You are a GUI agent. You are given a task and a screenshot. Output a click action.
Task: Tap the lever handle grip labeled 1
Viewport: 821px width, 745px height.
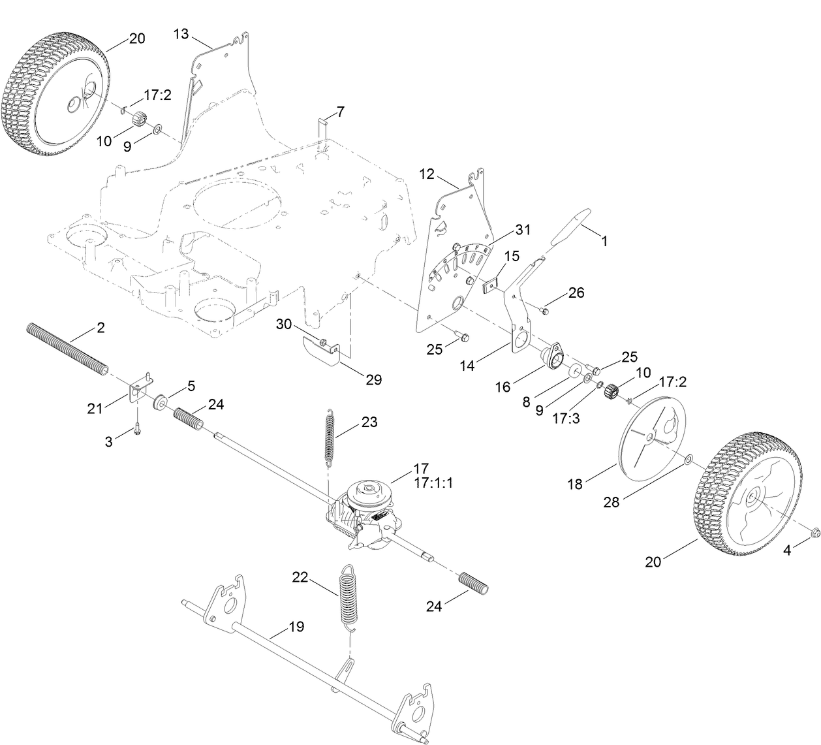[570, 227]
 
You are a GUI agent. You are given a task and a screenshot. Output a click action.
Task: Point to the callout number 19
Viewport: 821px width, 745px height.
[296, 627]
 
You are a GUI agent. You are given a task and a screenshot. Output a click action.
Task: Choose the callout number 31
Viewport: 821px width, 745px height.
[523, 230]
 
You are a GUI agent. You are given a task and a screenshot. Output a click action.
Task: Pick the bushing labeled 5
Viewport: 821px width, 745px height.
[159, 401]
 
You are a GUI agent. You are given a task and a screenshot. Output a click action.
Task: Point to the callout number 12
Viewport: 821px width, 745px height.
[427, 175]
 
